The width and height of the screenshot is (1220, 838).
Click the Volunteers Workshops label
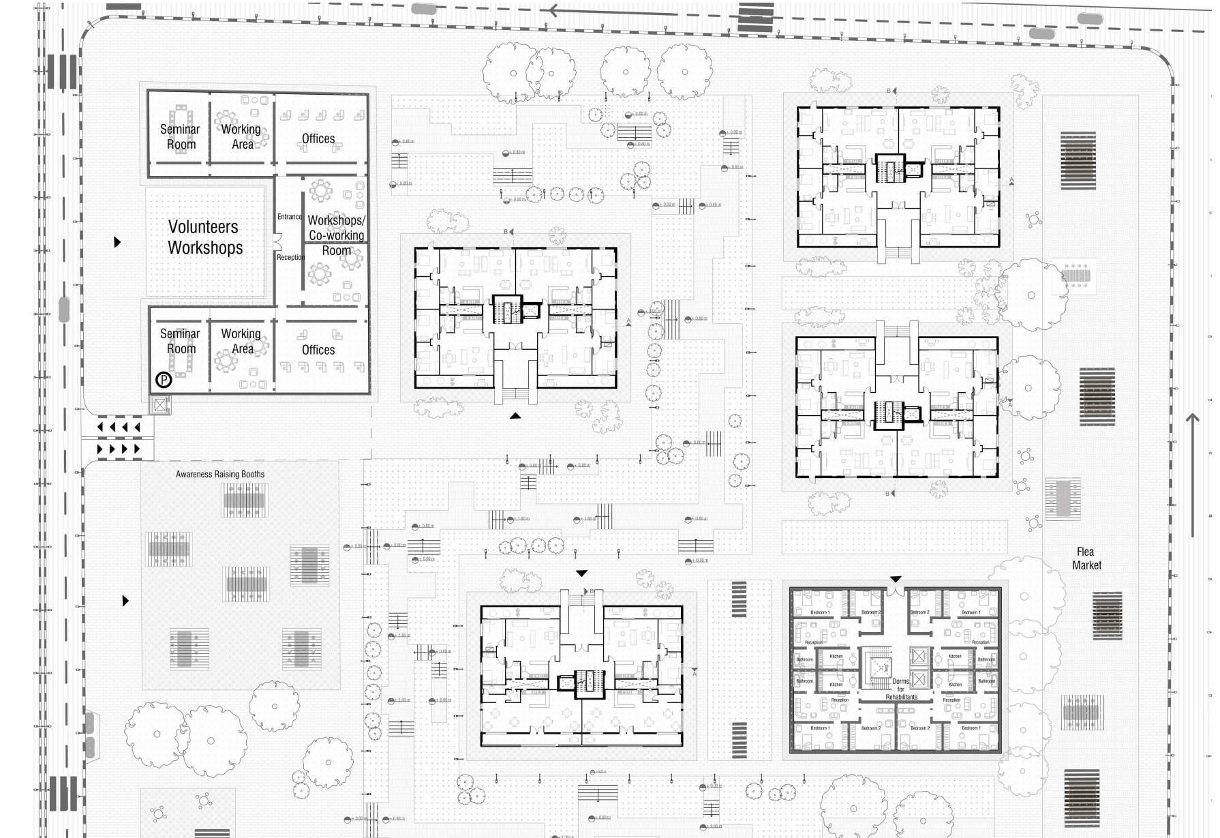coord(204,237)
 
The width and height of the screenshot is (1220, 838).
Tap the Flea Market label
coord(1086,558)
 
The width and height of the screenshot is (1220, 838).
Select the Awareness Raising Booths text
coord(220,474)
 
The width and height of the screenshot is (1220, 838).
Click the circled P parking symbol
coord(164,379)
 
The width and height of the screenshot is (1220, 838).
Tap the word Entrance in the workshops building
coord(289,217)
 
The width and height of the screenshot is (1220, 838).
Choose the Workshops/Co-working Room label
coord(336,235)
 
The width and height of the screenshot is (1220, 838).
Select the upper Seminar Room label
coord(180,136)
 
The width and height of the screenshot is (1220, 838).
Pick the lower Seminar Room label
coord(180,341)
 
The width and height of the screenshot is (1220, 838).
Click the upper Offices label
coord(318,138)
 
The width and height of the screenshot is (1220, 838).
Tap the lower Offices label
coord(318,350)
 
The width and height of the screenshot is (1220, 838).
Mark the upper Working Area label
coord(241,136)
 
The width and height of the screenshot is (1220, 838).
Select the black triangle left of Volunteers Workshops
coord(118,241)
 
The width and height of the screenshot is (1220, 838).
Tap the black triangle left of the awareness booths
coord(125,601)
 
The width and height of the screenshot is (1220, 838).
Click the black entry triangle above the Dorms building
coord(896,580)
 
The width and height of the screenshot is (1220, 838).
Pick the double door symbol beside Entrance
coord(277,241)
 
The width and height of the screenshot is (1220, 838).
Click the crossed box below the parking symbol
coord(159,405)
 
